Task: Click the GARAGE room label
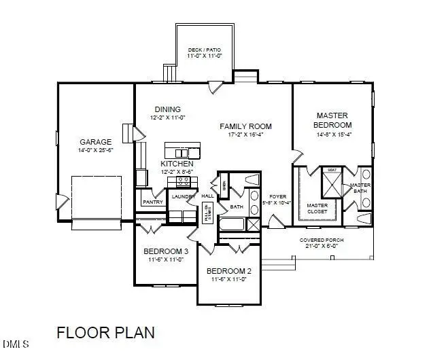(x=95, y=142)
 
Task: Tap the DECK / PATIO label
(x=204, y=50)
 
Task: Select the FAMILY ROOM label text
(x=245, y=126)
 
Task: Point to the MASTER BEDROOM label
(x=332, y=120)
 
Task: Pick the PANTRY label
(x=152, y=202)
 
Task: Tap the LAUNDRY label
(x=183, y=197)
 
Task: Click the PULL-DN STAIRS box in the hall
(x=207, y=213)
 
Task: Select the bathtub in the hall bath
(x=232, y=225)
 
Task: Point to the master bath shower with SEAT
(x=332, y=181)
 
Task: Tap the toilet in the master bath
(x=364, y=219)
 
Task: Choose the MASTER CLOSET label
(x=317, y=209)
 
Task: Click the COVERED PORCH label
(x=320, y=240)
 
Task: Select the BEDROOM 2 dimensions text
(x=228, y=278)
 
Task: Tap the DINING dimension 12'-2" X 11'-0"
(x=167, y=118)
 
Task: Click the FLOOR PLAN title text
(x=105, y=333)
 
